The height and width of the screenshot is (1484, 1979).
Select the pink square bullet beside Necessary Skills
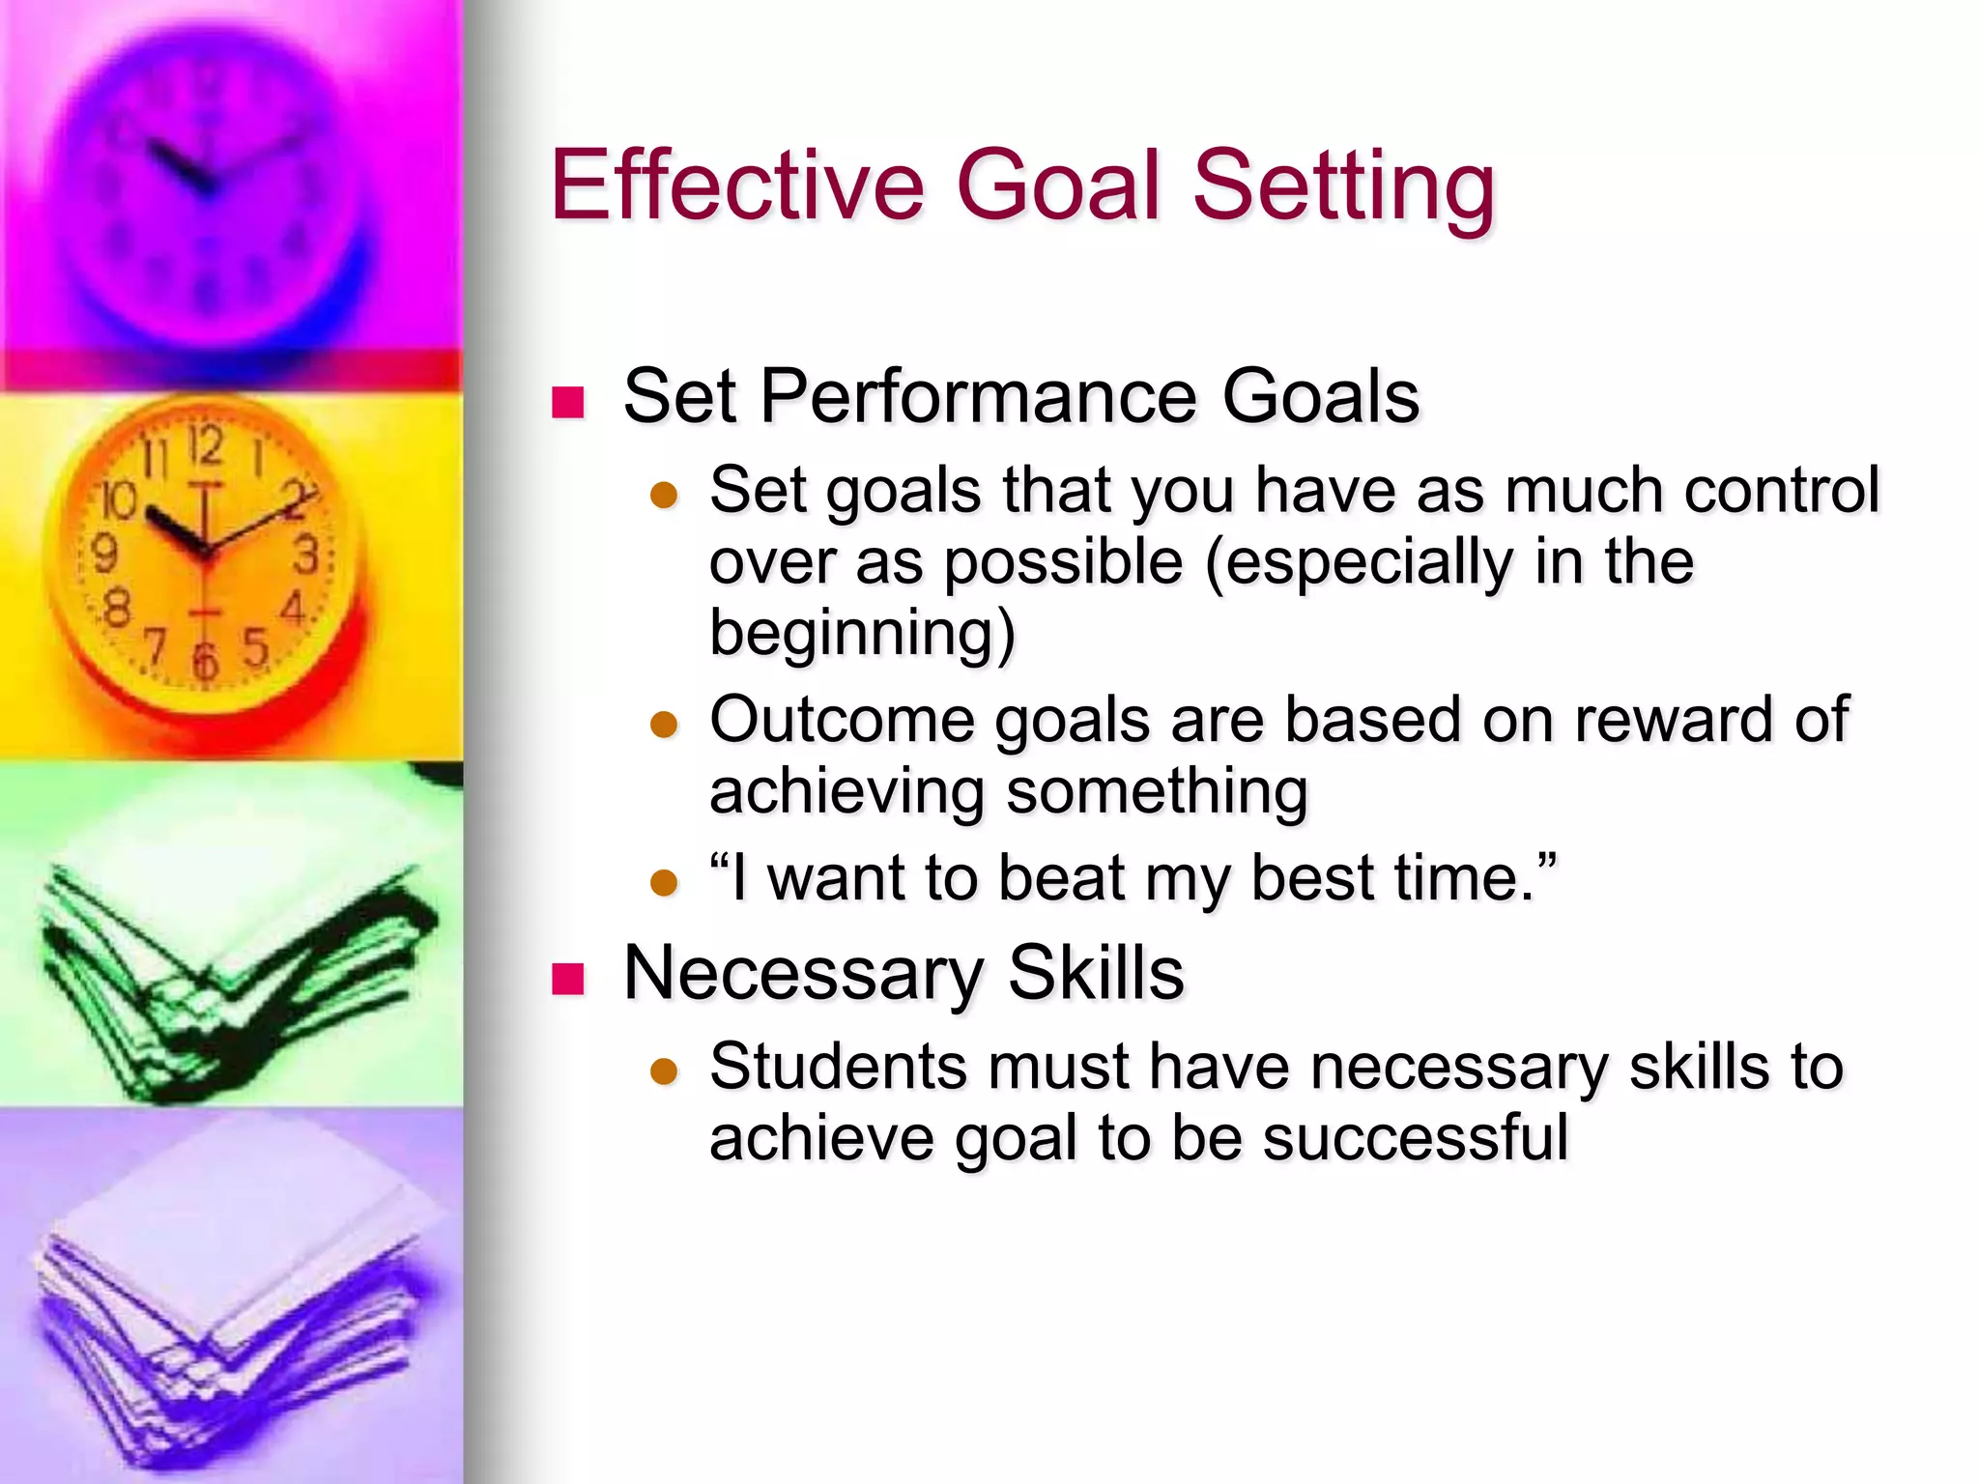pos(568,979)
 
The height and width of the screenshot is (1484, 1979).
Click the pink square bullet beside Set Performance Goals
pos(568,402)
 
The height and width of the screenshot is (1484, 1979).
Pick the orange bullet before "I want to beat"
pos(664,882)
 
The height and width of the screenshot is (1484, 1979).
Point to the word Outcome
pos(841,721)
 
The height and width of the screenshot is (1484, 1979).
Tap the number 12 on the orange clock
pos(206,446)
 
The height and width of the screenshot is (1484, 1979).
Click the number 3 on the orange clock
pos(306,556)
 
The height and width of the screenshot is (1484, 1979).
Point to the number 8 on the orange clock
pos(117,610)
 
